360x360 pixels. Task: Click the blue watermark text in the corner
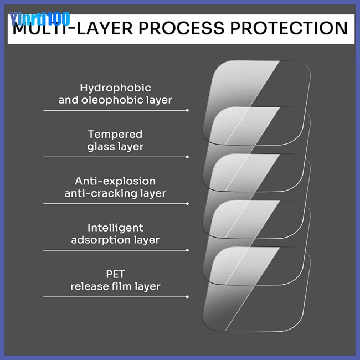40,19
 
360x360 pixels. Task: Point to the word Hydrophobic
115,88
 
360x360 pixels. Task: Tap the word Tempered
115,134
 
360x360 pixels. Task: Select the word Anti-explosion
115,181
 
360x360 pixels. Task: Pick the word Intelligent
115,228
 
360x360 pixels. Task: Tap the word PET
115,274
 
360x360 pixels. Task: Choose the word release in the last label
89,286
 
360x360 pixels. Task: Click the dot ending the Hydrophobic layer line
188,110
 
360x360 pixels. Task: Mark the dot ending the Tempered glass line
188,157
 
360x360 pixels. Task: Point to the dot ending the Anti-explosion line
188,203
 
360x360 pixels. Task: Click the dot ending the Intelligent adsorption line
188,250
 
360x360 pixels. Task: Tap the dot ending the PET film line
188,296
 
